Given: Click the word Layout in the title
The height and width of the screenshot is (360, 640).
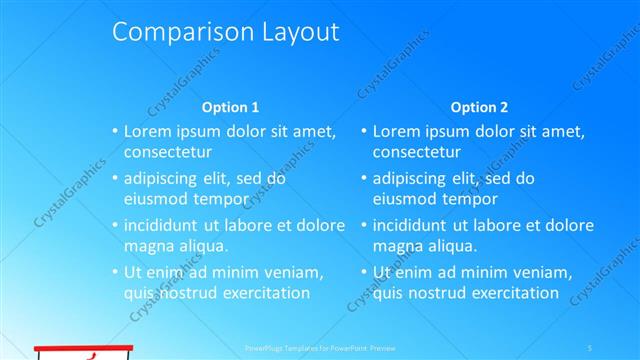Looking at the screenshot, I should click(x=297, y=32).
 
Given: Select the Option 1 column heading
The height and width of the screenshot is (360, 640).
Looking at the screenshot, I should click(x=230, y=107).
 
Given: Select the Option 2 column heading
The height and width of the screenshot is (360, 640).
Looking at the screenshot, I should click(x=479, y=107).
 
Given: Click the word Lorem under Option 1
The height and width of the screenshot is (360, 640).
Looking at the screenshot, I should click(x=149, y=131).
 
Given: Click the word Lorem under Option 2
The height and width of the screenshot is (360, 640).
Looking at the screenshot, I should click(x=398, y=131).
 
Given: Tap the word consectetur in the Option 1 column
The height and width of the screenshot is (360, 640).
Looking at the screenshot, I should click(x=167, y=152).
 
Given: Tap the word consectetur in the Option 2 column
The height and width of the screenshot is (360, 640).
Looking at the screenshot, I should click(x=416, y=152).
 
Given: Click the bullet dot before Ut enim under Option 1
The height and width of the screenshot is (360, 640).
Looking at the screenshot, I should click(x=114, y=272).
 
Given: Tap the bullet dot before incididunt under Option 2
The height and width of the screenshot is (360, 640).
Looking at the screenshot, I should click(x=363, y=225).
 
